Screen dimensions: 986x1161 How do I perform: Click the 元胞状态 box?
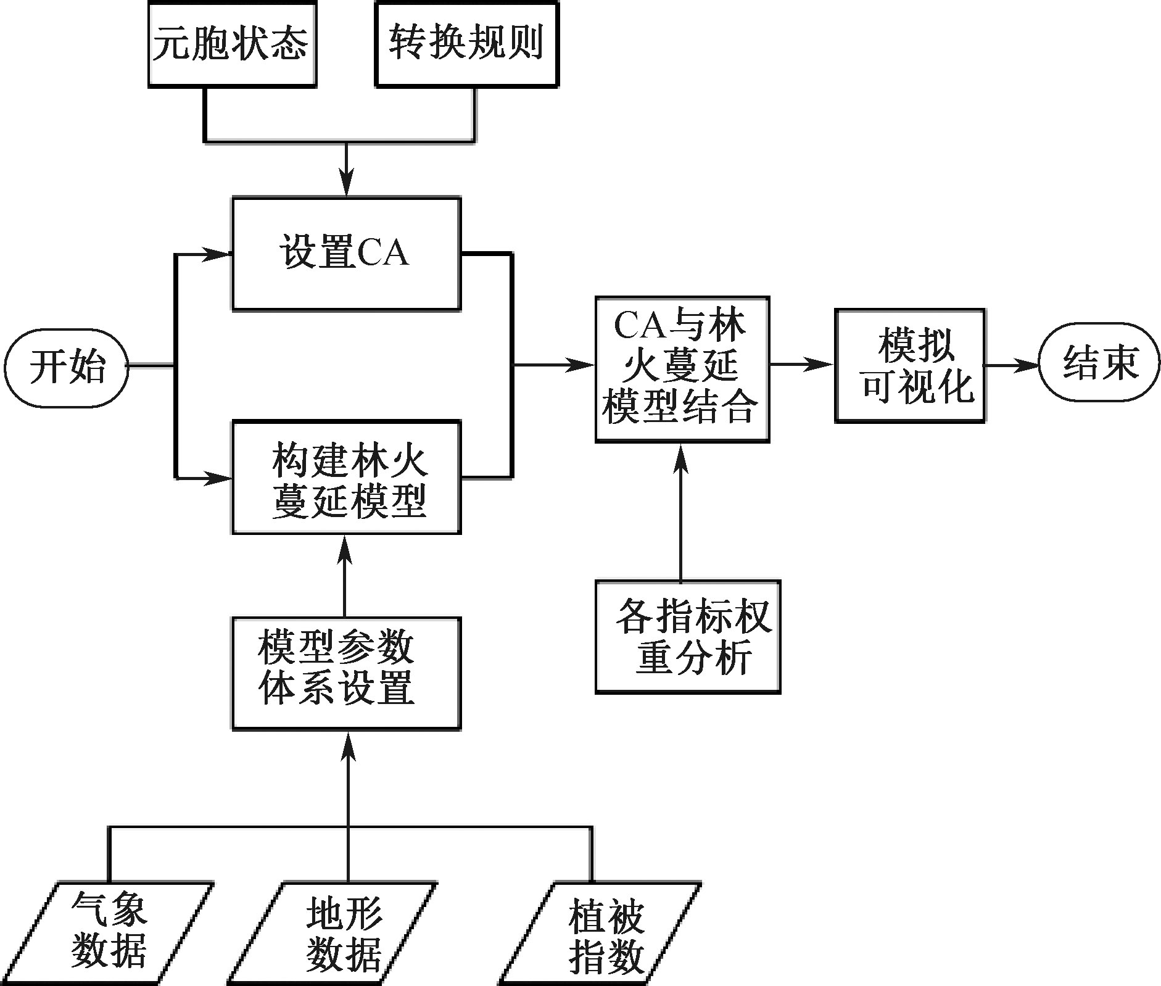pyautogui.click(x=232, y=44)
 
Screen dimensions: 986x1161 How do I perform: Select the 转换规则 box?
pyautogui.click(x=466, y=44)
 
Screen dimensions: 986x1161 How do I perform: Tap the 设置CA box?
pyautogui.click(x=346, y=254)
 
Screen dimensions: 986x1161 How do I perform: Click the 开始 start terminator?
pyautogui.click(x=67, y=366)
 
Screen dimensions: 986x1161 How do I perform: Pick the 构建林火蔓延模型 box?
pyautogui.click(x=346, y=477)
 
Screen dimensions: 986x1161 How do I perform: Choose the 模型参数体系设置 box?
pyautogui.click(x=346, y=673)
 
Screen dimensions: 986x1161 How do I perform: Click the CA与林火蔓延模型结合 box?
pyautogui.click(x=682, y=368)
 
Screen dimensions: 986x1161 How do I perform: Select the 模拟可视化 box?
pyautogui.click(x=909, y=365)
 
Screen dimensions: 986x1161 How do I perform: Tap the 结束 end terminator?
pyautogui.click(x=1099, y=364)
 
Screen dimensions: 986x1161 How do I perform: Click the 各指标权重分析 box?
pyautogui.click(x=688, y=636)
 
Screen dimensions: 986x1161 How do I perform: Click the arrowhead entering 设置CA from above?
pyautogui.click(x=347, y=186)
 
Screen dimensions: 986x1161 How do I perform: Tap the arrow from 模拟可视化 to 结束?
pyautogui.click(x=1012, y=365)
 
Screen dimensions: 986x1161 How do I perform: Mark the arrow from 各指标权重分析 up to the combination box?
pyautogui.click(x=681, y=512)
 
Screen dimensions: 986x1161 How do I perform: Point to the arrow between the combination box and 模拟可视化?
pyautogui.click(x=802, y=365)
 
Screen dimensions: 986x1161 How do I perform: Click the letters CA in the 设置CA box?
pyautogui.click(x=382, y=254)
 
